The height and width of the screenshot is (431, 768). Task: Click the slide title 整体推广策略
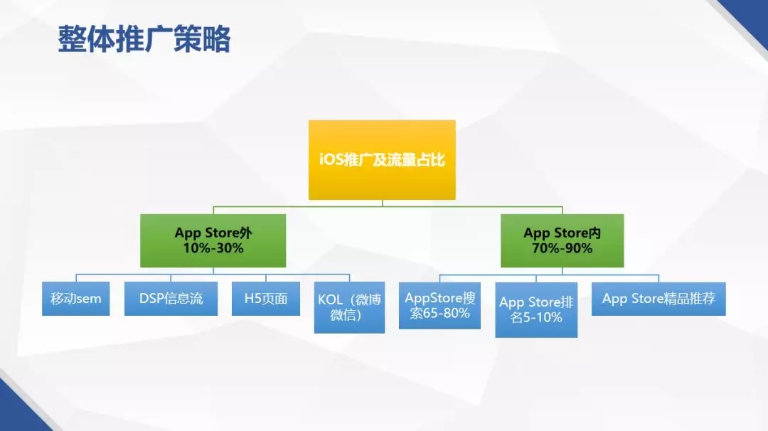144,38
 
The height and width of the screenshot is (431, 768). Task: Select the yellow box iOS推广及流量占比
382,159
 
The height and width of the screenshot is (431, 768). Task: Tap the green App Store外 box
213,240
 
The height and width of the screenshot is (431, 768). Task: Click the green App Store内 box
562,240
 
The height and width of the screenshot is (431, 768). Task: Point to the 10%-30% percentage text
213,248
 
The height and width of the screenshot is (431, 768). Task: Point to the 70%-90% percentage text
562,248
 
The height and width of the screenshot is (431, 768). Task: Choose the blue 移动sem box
76,298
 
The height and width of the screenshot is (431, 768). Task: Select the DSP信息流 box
171,298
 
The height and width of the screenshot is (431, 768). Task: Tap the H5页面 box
266,298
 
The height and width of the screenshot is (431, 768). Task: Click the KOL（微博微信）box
349,307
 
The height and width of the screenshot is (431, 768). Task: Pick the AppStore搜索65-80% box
440,306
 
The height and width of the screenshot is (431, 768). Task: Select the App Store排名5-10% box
536,309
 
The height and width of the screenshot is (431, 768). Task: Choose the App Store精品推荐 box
658,299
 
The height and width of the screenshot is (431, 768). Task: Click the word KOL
330,299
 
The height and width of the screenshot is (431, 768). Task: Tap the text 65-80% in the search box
448,314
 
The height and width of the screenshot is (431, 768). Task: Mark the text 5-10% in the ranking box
543,318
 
